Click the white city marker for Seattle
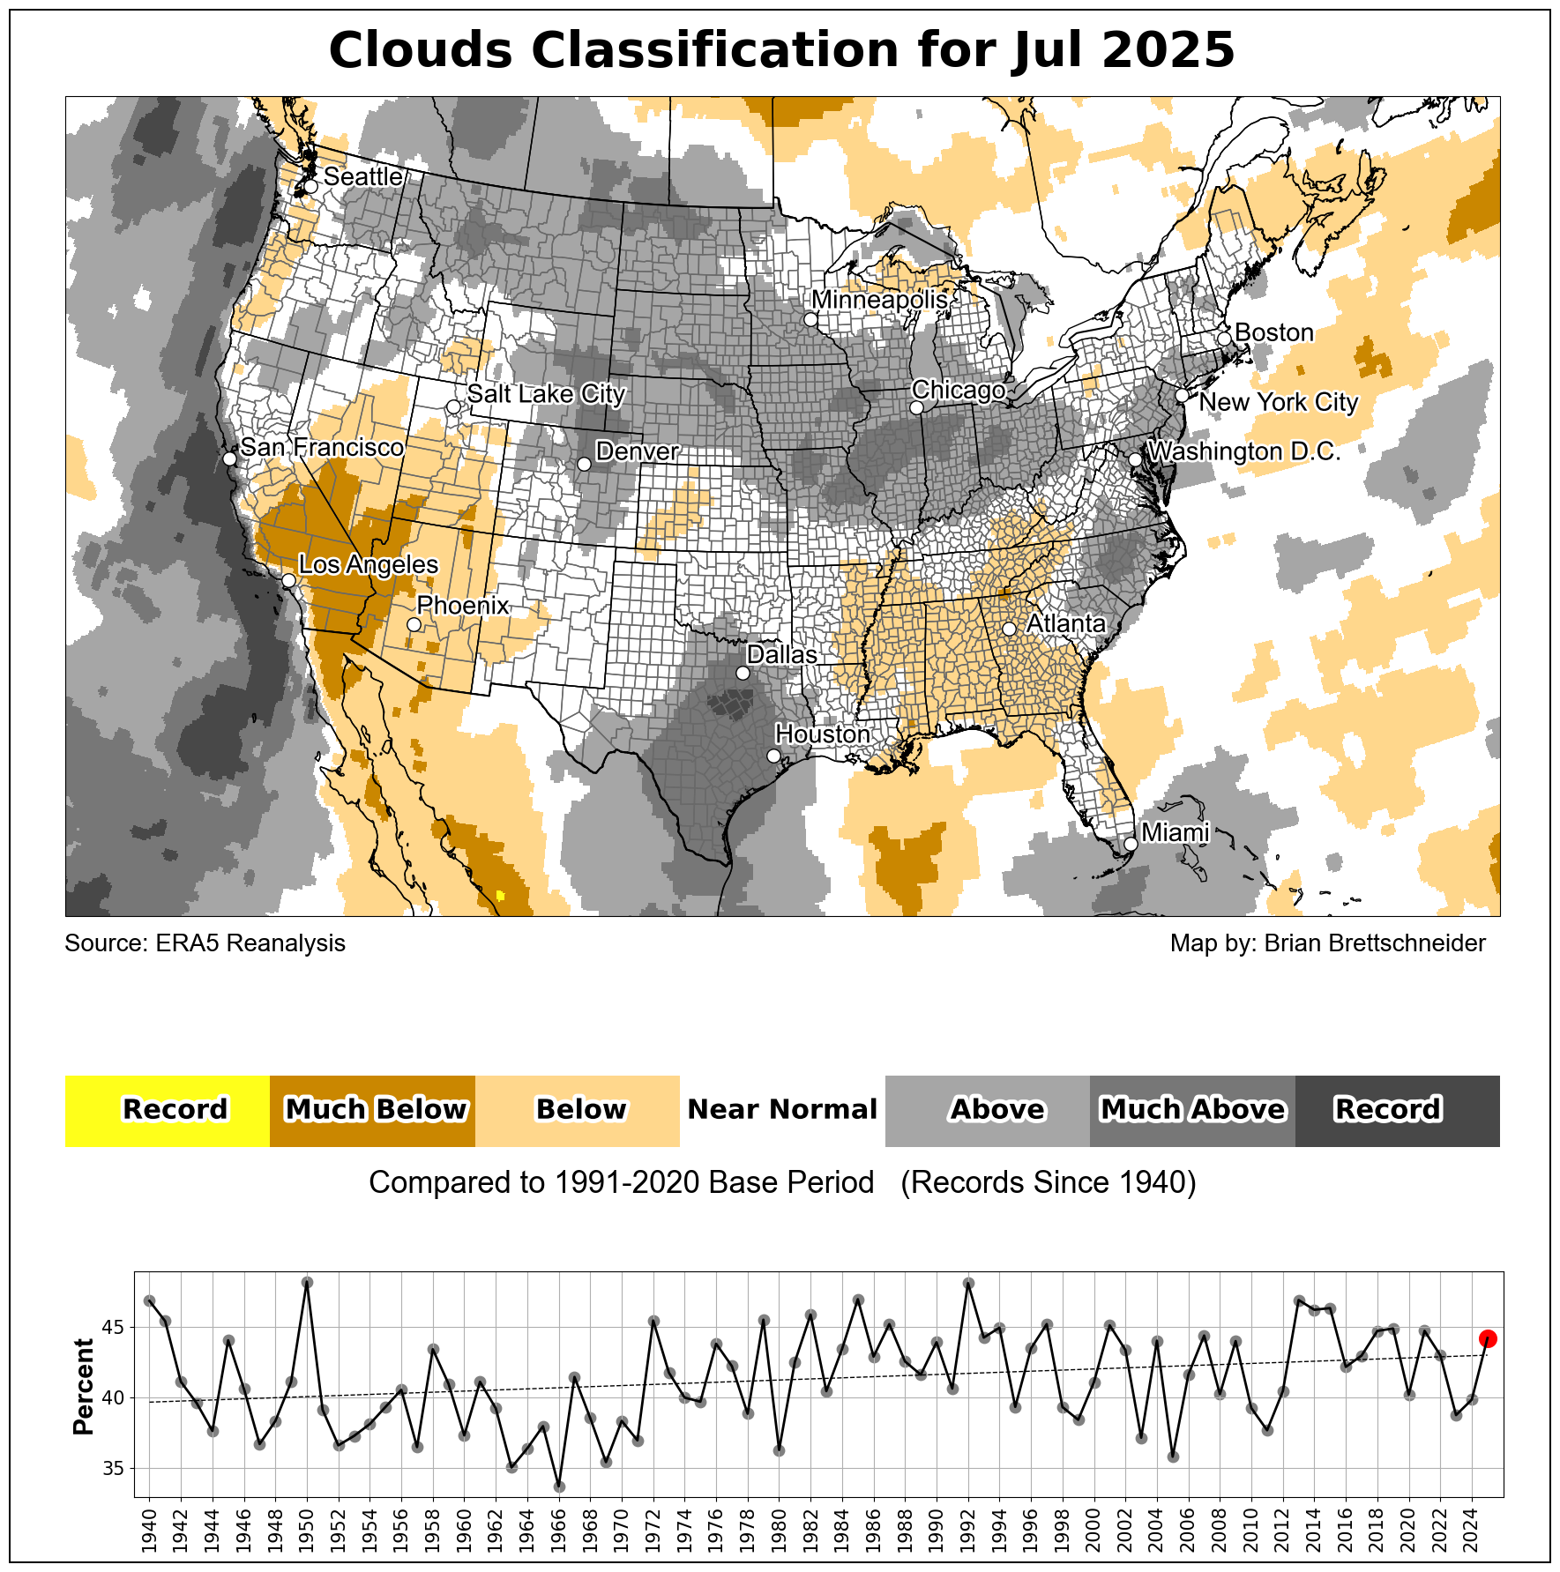pos(310,187)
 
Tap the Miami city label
pos(1175,832)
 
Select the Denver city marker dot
pos(584,465)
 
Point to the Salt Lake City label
pos(546,393)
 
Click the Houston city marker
pos(773,756)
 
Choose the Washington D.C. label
pos(1243,451)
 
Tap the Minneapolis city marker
pos(810,319)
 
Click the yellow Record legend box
pos(168,1110)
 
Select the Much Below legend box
pos(372,1110)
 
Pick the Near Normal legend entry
pos(782,1110)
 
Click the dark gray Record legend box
pos(1397,1110)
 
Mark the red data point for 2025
pos(1488,1338)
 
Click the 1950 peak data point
pos(307,1282)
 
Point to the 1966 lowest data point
pos(559,1486)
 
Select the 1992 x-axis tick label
pos(969,1532)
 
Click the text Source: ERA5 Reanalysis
pos(205,943)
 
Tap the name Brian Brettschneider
pos(1375,943)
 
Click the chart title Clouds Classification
pos(781,49)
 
